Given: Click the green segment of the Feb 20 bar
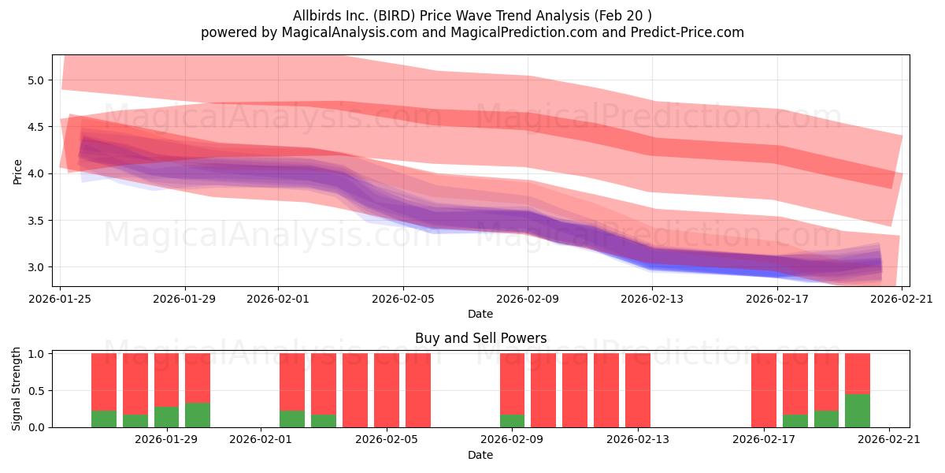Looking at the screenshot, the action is [x=858, y=411].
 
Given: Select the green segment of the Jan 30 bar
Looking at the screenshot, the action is [x=198, y=415].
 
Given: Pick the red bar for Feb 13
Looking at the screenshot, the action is [x=638, y=390].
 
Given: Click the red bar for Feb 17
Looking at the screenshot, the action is [x=764, y=390].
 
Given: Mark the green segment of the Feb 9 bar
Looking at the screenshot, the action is [x=512, y=421].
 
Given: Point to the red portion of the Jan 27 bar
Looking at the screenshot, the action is [x=104, y=382].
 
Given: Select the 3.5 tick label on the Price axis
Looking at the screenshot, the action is [x=36, y=221].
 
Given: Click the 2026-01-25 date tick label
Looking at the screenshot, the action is [x=60, y=299].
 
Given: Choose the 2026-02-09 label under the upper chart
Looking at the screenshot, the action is [x=528, y=299].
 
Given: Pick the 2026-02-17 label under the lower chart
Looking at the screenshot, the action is [x=764, y=439].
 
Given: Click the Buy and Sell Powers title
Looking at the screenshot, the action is [x=480, y=338].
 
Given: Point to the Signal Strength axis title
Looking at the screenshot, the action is [x=16, y=389].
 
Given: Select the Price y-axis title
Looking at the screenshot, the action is [x=17, y=173].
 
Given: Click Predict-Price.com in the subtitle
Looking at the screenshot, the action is [x=687, y=32].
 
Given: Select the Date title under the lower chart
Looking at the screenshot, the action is [x=480, y=455].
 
